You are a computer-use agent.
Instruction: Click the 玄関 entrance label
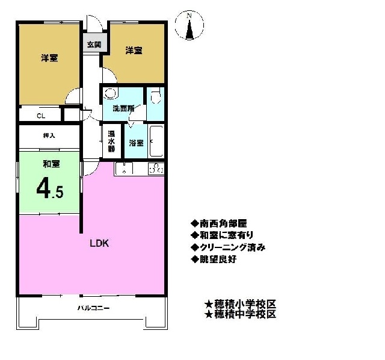[x=94, y=45]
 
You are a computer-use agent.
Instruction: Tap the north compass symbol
[x=189, y=25]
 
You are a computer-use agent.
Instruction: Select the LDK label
[x=99, y=243]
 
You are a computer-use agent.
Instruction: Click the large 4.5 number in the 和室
[x=50, y=189]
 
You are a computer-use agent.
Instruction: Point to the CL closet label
[x=41, y=116]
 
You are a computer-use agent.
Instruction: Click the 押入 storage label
[x=49, y=135]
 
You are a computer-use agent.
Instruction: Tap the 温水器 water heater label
[x=111, y=141]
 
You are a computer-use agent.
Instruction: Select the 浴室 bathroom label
[x=137, y=143]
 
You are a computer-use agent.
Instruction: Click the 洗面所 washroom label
[x=123, y=108]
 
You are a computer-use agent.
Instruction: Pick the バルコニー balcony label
[x=94, y=308]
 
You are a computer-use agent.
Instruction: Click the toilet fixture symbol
[x=156, y=96]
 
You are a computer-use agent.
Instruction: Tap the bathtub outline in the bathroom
[x=156, y=141]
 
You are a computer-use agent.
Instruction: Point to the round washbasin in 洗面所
[x=110, y=93]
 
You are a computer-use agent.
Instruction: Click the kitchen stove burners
[x=156, y=169]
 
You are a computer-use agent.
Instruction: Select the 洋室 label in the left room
[x=49, y=58]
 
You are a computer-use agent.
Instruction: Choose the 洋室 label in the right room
[x=134, y=51]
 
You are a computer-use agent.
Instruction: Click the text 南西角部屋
[x=223, y=223]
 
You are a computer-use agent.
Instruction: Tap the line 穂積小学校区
[x=245, y=304]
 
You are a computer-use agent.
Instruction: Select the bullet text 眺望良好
[x=218, y=259]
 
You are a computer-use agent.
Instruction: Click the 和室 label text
[x=52, y=164]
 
